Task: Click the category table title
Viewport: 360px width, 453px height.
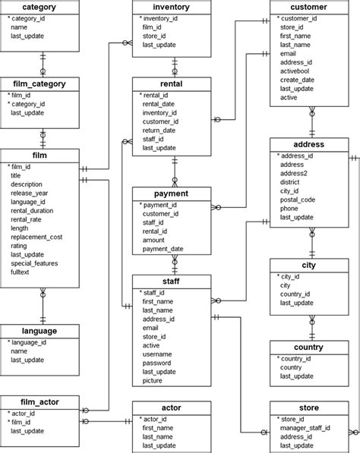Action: [x=39, y=7]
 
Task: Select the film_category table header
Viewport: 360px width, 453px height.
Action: [x=39, y=83]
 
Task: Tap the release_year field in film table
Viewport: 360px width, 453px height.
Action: [x=29, y=193]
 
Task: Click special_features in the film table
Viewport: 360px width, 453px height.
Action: [x=34, y=263]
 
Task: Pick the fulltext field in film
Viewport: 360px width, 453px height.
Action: [x=20, y=272]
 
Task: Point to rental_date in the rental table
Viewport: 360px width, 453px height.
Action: [x=158, y=104]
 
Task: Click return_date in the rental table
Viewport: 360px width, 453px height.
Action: [x=159, y=131]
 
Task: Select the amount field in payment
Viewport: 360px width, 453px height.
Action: [x=153, y=240]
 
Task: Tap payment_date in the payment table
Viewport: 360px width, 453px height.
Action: [x=163, y=249]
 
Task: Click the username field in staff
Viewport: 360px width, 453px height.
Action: [x=157, y=354]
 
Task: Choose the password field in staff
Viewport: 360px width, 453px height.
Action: [x=156, y=363]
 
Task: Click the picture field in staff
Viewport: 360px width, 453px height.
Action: [x=152, y=380]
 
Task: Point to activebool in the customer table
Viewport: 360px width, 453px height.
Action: [x=295, y=71]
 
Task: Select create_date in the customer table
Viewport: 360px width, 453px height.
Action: [x=297, y=80]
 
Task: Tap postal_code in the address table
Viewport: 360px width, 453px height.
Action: [x=297, y=200]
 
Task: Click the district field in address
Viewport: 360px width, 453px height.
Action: [x=289, y=182]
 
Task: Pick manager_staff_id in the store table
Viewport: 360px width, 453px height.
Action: [x=305, y=428]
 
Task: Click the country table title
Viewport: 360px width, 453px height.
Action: [x=308, y=348]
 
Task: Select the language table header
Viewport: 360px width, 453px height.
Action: [x=39, y=331]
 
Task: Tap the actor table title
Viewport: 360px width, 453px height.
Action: [x=171, y=407]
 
